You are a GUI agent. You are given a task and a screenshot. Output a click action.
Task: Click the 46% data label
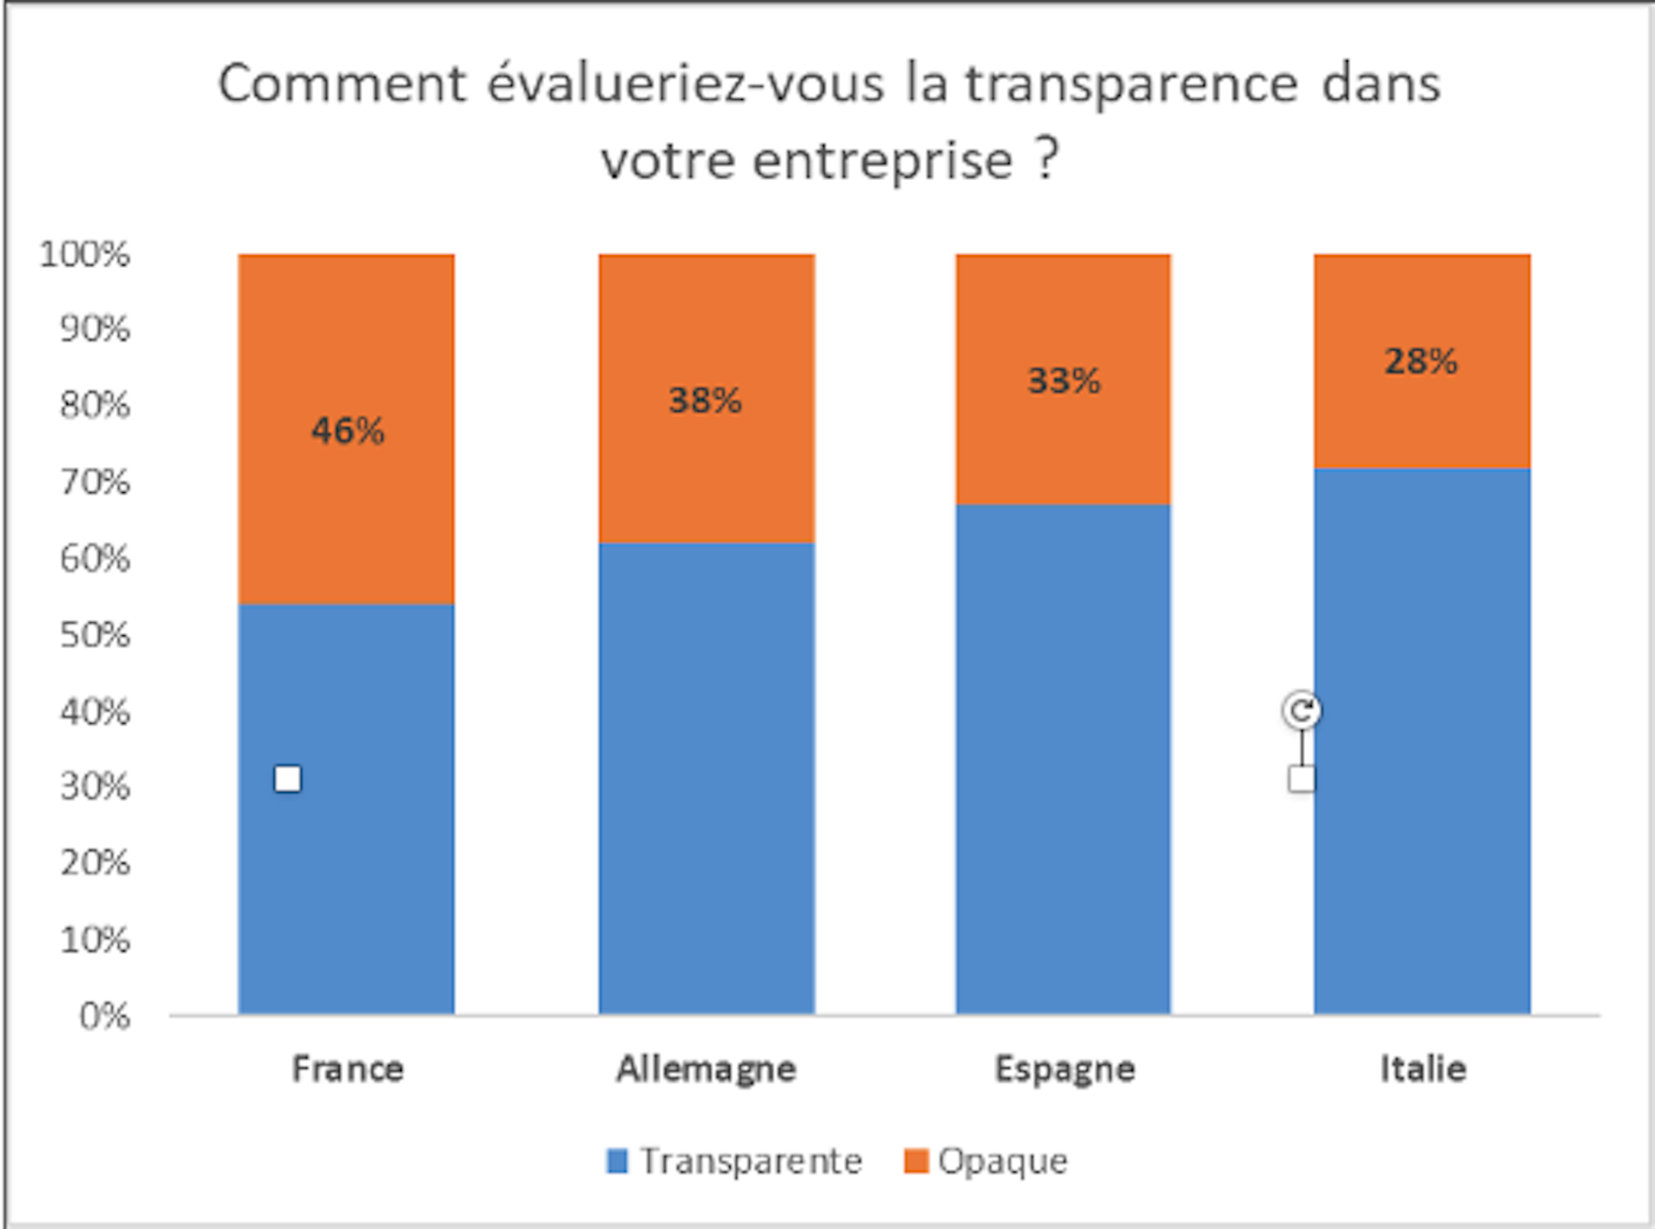(x=347, y=430)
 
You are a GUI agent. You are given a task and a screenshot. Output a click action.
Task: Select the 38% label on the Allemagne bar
(x=705, y=400)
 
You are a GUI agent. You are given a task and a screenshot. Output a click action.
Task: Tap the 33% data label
(x=1064, y=380)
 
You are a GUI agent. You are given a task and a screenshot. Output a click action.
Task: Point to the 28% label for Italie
(x=1421, y=361)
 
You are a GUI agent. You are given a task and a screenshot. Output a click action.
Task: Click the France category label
(x=347, y=1069)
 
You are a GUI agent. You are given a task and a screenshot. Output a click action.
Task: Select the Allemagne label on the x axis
(x=706, y=1069)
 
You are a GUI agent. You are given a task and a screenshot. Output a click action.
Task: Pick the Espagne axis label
(x=1065, y=1069)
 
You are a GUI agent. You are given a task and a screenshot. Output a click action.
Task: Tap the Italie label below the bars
(x=1422, y=1069)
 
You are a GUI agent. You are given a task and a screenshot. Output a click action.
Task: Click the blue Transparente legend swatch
(x=617, y=1161)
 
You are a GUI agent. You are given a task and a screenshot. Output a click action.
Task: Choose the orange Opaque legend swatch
(x=915, y=1161)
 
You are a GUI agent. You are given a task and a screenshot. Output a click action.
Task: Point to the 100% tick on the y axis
(x=84, y=254)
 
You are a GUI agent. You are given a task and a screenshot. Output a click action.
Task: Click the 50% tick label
(x=95, y=635)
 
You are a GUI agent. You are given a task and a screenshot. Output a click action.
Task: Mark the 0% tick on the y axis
(x=104, y=1016)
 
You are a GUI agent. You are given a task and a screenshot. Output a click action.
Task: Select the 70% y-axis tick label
(x=95, y=482)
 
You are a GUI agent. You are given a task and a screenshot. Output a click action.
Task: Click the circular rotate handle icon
(x=1301, y=711)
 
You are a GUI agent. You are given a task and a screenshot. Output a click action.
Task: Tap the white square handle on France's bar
(x=288, y=779)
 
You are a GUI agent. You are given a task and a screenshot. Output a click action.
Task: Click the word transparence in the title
(x=1130, y=84)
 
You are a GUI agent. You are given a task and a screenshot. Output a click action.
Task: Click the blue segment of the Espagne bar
(x=1063, y=758)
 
